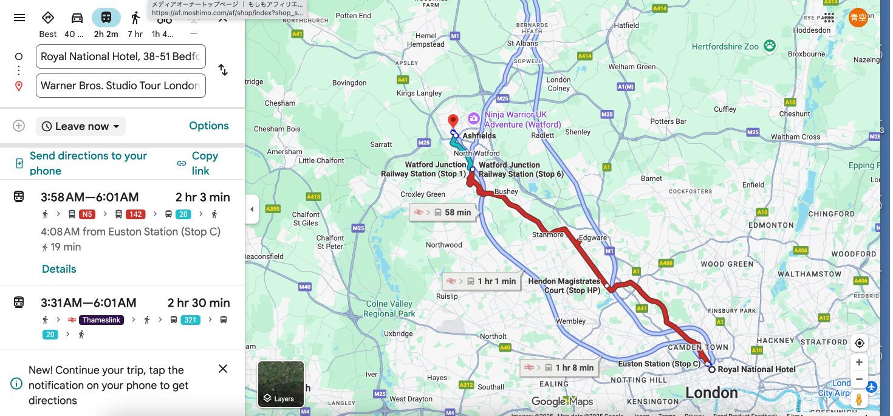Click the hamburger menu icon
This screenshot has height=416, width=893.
(19, 18)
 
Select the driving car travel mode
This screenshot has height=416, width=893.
(77, 18)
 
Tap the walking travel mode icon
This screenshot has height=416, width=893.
(135, 18)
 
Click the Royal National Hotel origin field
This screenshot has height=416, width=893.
(120, 56)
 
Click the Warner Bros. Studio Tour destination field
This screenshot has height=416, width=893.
(120, 86)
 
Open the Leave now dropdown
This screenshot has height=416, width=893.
(81, 126)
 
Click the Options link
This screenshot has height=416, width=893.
(209, 126)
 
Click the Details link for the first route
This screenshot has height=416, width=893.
(59, 269)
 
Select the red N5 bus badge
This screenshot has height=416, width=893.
(87, 214)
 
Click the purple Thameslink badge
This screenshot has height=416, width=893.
(102, 319)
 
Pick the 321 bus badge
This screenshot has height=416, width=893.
(191, 319)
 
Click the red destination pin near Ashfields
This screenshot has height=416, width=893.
(453, 121)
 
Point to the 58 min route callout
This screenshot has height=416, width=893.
(443, 213)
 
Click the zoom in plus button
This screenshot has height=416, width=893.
(859, 363)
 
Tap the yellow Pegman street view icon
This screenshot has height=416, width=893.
(859, 400)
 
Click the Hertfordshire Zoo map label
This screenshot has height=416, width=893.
(726, 46)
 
